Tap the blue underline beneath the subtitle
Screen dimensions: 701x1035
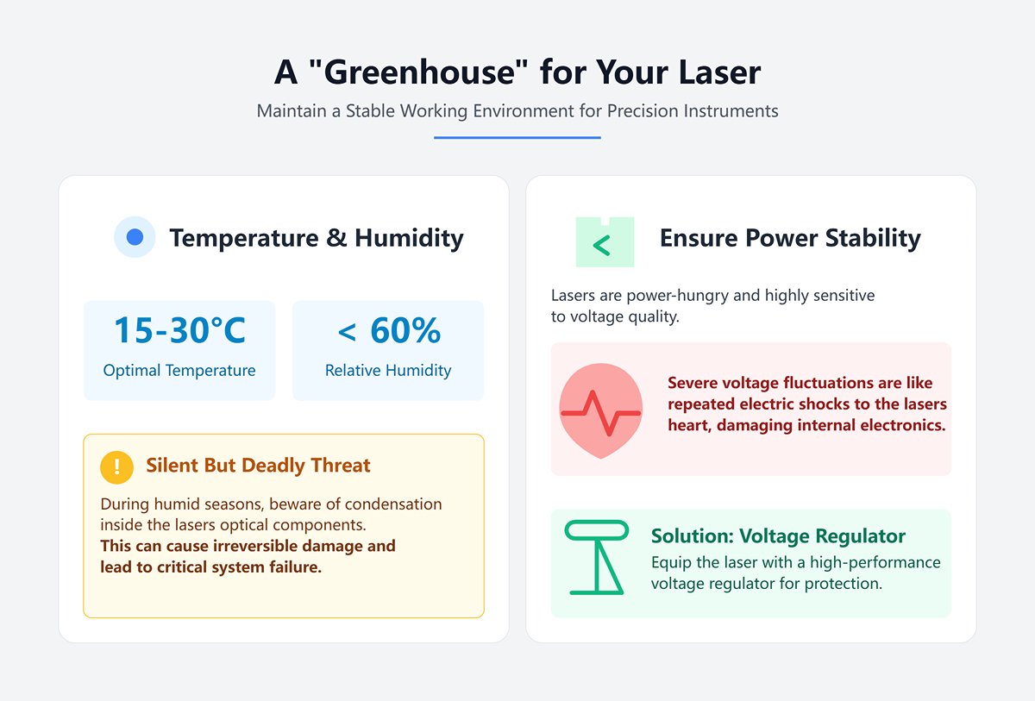(517, 137)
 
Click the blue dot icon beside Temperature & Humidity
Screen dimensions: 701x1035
(135, 237)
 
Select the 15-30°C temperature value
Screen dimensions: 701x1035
(179, 330)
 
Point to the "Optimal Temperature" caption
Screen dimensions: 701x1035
(179, 371)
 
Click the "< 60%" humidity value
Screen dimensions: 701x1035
(388, 330)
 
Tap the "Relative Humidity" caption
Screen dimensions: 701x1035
(388, 371)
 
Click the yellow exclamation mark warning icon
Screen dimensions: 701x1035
(116, 466)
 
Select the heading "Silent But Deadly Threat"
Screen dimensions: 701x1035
(258, 466)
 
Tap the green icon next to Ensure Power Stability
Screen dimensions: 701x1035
(605, 242)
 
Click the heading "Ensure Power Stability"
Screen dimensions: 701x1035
(790, 238)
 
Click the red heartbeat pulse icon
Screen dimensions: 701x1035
(600, 412)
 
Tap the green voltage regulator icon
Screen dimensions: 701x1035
(596, 558)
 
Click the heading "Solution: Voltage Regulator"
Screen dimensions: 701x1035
(778, 536)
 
